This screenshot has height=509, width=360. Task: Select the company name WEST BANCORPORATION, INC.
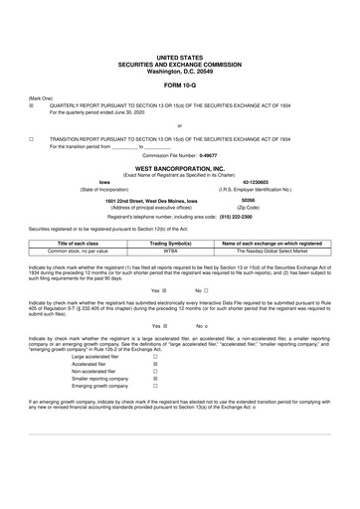coord(179,169)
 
